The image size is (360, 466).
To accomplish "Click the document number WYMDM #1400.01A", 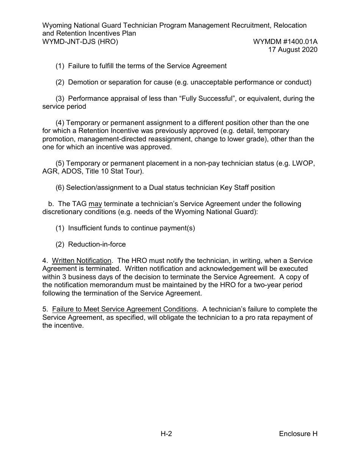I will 285,42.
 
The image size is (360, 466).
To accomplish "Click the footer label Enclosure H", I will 298,434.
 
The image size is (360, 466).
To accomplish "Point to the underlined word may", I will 95,204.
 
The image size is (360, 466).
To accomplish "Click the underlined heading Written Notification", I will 81,261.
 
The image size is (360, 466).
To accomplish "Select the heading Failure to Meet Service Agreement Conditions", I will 124,309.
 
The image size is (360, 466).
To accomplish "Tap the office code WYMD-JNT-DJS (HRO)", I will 80,42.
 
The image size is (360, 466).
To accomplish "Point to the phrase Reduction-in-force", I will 97,244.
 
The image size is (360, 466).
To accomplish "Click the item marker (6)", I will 60,188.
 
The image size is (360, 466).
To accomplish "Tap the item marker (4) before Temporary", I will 60,123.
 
